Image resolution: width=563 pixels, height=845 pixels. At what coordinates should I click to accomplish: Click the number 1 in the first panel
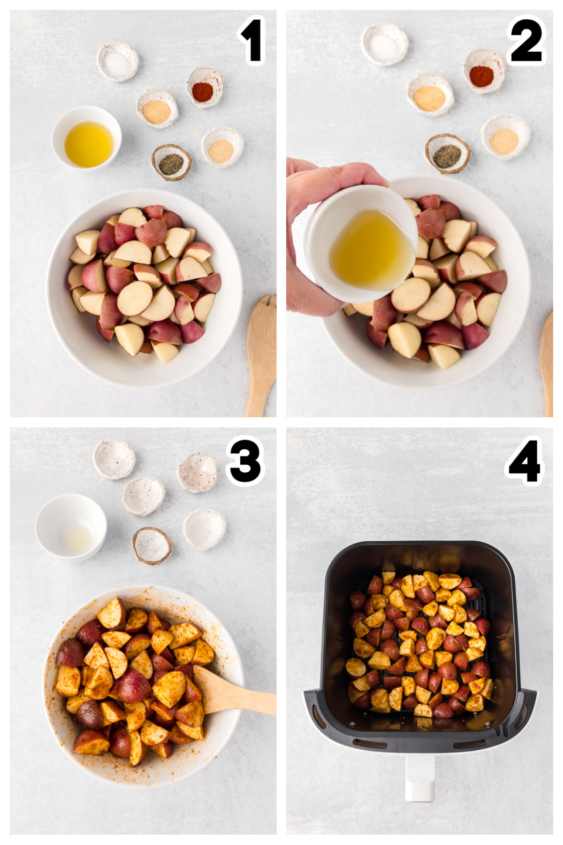click(252, 40)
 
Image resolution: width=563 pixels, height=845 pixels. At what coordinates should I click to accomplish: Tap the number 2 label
click(526, 40)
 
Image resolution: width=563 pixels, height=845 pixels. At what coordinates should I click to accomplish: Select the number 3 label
click(245, 461)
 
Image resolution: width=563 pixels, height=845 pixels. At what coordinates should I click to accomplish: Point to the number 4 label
click(524, 461)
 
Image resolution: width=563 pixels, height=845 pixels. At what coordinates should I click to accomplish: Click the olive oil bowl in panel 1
click(87, 138)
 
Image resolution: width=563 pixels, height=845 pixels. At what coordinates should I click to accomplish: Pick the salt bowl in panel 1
click(117, 61)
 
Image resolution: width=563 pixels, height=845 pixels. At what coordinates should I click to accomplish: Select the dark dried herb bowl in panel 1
click(171, 162)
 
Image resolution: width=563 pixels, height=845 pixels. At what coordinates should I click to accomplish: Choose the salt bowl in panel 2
click(385, 44)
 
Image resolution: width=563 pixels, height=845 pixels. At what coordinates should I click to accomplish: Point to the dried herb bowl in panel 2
click(447, 154)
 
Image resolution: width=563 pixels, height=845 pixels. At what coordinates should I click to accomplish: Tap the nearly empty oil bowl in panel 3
click(71, 527)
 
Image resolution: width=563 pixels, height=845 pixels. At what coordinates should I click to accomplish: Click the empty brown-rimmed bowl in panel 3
click(152, 546)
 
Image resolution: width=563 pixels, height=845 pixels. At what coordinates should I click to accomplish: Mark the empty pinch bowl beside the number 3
click(198, 472)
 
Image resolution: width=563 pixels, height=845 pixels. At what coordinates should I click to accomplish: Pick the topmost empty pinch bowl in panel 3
click(114, 459)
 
